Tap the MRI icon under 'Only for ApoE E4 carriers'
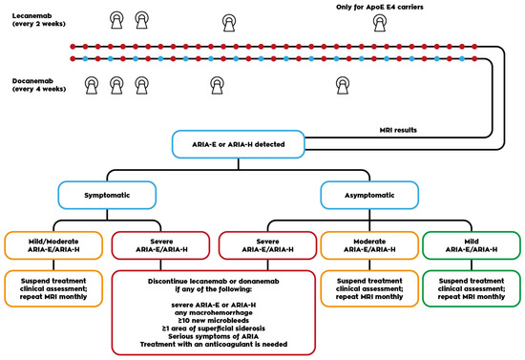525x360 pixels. [380, 23]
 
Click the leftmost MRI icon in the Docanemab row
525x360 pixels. [92, 85]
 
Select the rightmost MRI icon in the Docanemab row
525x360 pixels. [343, 85]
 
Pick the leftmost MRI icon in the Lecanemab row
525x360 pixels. [116, 20]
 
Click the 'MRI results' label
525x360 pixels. [398, 130]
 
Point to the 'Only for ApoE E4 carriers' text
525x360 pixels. [380, 7]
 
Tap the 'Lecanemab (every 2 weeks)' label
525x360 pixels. [39, 20]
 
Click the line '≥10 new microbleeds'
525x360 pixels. [213, 321]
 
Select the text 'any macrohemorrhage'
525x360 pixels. [213, 313]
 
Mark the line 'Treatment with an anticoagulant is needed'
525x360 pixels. [213, 345]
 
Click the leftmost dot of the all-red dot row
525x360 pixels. [73, 47]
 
